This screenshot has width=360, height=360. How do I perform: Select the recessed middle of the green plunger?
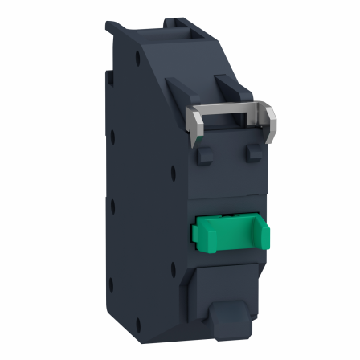(231, 234)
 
